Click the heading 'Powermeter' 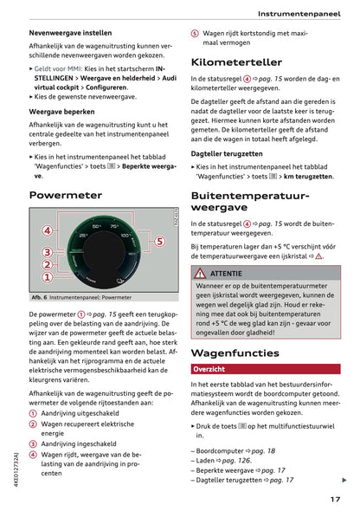click(x=66, y=196)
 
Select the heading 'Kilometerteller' click(x=236, y=62)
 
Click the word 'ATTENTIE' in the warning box click(x=227, y=273)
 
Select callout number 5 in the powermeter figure click(x=159, y=241)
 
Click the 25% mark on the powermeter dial click(x=84, y=236)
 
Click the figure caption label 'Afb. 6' click(x=39, y=297)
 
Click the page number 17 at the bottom click(x=335, y=498)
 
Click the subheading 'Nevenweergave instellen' click(x=70, y=31)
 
